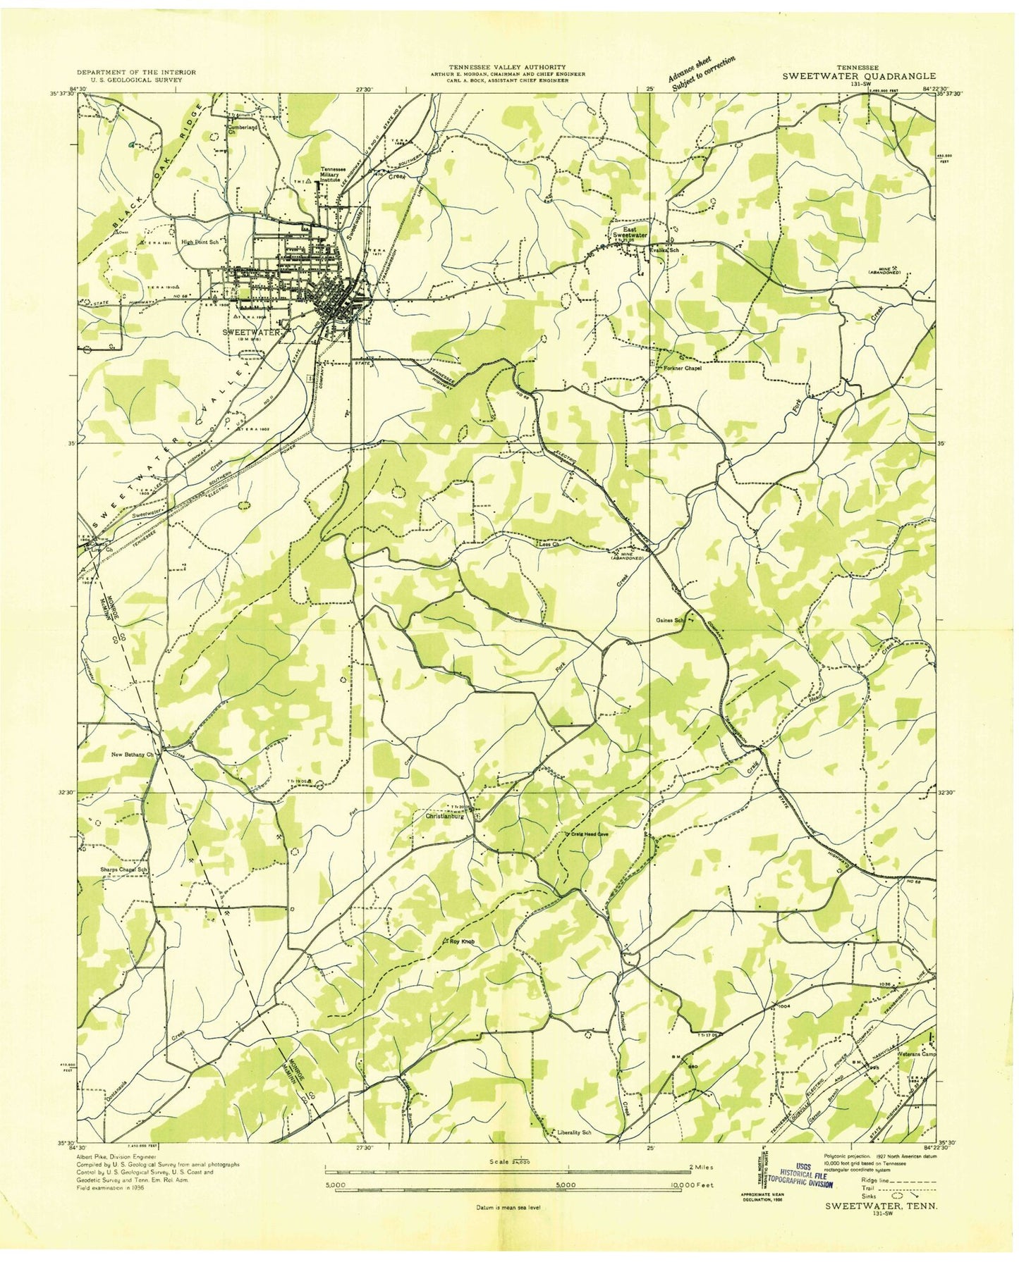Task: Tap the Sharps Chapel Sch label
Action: [123, 870]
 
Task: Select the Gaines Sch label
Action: [670, 620]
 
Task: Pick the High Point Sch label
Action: [201, 242]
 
